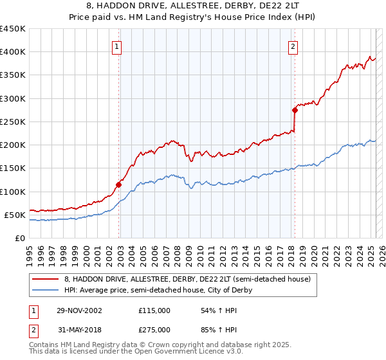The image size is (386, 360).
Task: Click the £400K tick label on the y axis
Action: tap(13, 51)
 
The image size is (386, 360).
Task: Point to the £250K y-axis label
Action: tap(13, 122)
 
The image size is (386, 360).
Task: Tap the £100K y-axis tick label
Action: tap(13, 192)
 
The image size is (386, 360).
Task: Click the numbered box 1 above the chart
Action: tap(116, 46)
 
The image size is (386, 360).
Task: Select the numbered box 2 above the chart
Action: tap(293, 46)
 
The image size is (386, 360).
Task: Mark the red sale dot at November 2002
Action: tap(119, 184)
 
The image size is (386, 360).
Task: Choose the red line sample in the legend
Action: tap(46, 279)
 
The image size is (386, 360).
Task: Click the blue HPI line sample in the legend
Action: tap(46, 290)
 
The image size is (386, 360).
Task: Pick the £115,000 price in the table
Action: tap(154, 310)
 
